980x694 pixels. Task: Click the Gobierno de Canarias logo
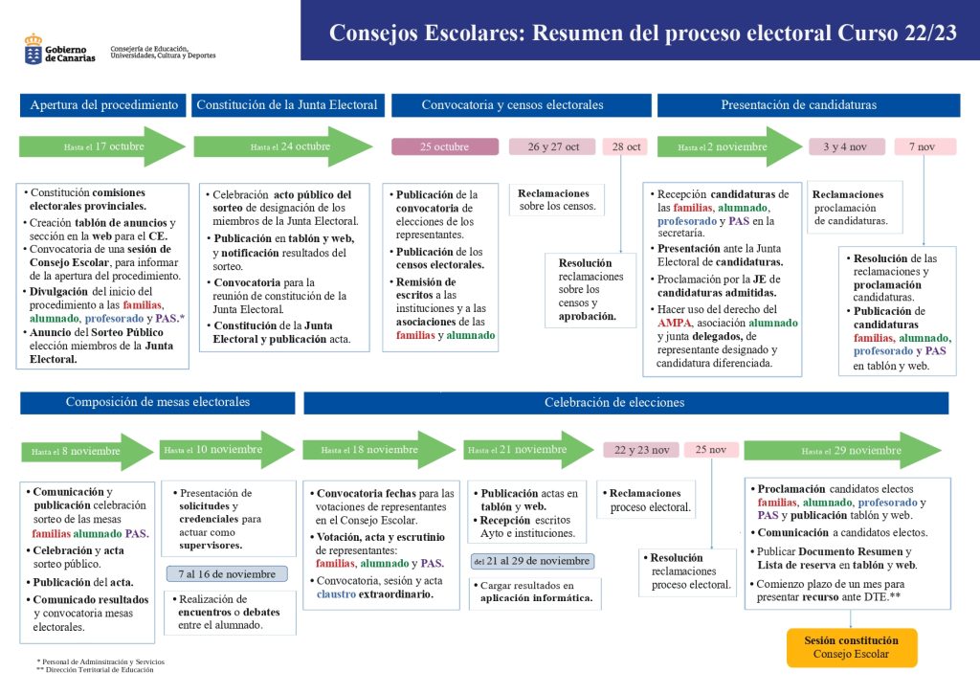(60, 50)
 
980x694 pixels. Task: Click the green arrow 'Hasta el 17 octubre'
(101, 146)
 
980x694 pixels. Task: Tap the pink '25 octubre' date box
(445, 146)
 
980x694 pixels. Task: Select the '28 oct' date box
(626, 146)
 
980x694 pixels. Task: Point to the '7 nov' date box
(925, 146)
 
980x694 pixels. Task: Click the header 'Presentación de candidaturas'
(808, 105)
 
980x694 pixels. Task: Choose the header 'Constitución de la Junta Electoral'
(287, 105)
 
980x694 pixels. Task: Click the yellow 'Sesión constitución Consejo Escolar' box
(851, 648)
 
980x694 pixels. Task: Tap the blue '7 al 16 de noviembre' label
(227, 574)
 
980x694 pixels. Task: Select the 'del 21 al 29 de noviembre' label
(532, 561)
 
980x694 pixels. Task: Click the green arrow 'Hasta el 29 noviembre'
(842, 450)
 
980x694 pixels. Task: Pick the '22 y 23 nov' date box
(641, 450)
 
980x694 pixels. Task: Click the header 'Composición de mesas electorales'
(158, 402)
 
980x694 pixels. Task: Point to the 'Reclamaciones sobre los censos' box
(557, 199)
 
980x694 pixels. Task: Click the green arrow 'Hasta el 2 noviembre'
(730, 146)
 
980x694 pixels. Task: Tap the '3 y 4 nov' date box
(847, 146)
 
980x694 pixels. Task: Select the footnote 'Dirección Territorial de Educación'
(100, 670)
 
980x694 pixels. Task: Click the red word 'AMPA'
(675, 323)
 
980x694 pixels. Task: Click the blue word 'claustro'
(336, 593)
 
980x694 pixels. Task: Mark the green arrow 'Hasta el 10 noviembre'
(228, 449)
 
